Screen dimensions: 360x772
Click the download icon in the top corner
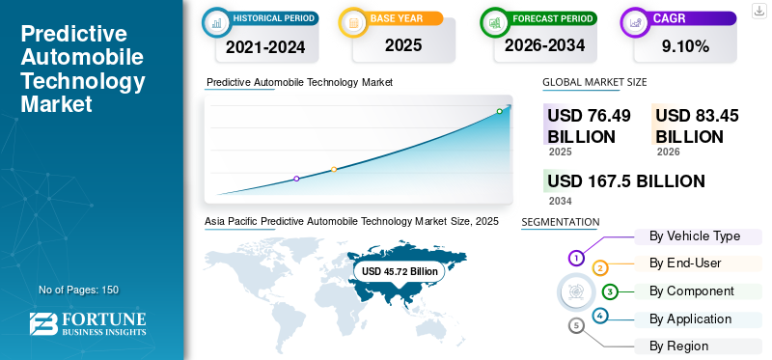pyautogui.click(x=758, y=11)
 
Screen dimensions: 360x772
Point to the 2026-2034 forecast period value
pyautogui.click(x=544, y=45)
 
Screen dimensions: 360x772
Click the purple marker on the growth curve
pyautogui.click(x=296, y=179)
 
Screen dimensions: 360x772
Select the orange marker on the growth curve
pyautogui.click(x=334, y=170)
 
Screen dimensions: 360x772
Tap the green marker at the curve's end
pyautogui.click(x=499, y=112)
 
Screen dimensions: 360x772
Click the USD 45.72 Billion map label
pyautogui.click(x=400, y=271)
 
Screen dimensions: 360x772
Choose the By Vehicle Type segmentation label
pyautogui.click(x=695, y=236)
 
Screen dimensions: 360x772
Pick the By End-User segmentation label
pyautogui.click(x=685, y=263)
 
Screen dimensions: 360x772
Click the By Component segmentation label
pyautogui.click(x=692, y=291)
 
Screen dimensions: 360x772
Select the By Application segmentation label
pyautogui.click(x=690, y=318)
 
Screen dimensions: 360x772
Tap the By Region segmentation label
pyautogui.click(x=678, y=346)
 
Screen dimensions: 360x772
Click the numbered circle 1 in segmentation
pyautogui.click(x=576, y=258)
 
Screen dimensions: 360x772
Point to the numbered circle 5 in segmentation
pyautogui.click(x=576, y=326)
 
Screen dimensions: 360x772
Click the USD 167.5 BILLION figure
pyautogui.click(x=625, y=181)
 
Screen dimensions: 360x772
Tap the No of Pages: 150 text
pyautogui.click(x=78, y=290)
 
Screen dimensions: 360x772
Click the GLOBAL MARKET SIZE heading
pyautogui.click(x=594, y=82)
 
